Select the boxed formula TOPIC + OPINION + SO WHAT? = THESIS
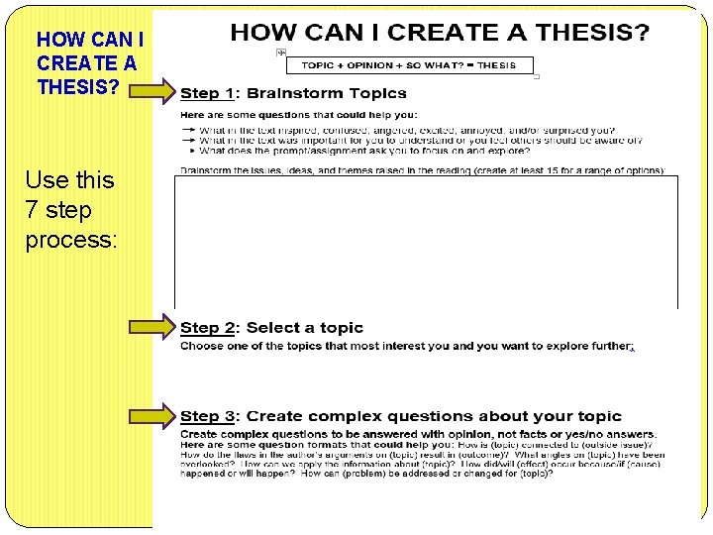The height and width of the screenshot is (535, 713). [x=408, y=65]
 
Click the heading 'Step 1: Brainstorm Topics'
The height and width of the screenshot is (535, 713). [x=293, y=93]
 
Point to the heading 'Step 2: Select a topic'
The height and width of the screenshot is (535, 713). [x=271, y=328]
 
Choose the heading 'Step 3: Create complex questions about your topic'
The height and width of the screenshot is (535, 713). [x=401, y=416]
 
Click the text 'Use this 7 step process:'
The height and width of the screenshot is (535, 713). [x=70, y=210]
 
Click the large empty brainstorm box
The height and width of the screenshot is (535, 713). [x=426, y=242]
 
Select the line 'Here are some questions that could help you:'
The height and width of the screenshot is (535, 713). [x=285, y=115]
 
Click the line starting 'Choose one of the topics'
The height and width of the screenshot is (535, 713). [x=406, y=347]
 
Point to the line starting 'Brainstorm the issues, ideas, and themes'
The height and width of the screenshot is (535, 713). [x=422, y=170]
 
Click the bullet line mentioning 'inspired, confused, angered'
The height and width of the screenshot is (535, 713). [x=406, y=131]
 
